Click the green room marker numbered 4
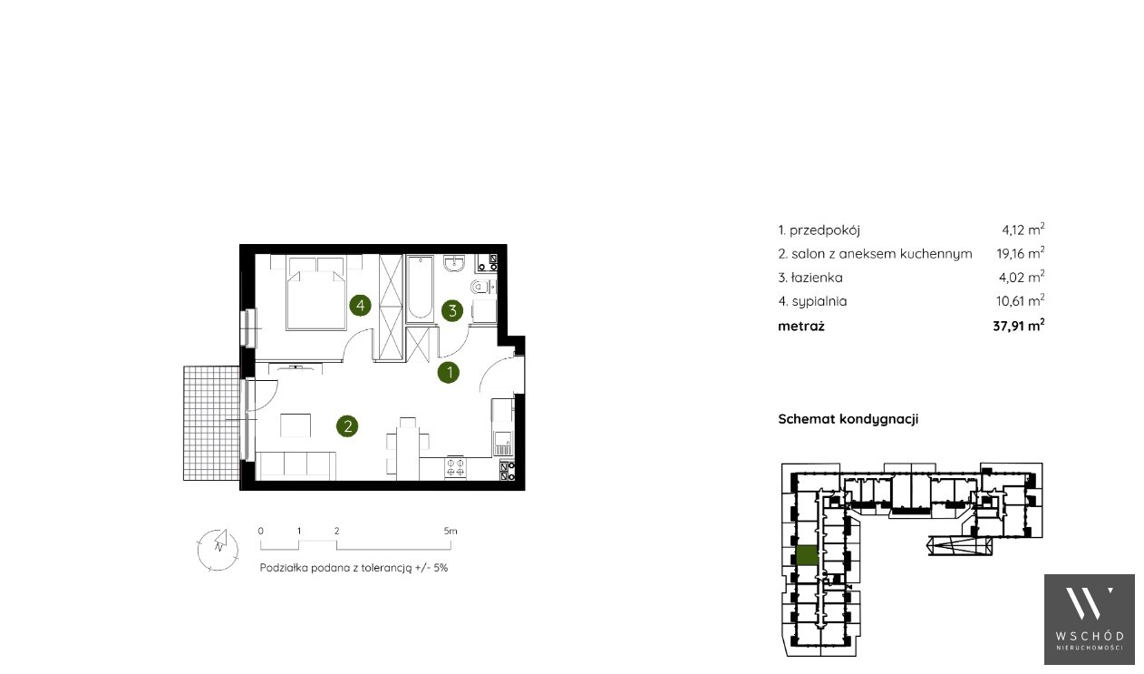click(x=360, y=306)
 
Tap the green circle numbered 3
click(x=452, y=310)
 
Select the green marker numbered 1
click(x=449, y=373)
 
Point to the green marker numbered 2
click(x=347, y=426)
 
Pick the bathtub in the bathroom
click(x=420, y=288)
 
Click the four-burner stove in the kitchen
click(x=455, y=467)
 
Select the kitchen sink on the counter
click(x=502, y=443)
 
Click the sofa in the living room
click(x=296, y=466)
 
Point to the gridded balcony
click(x=211, y=423)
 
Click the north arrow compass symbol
click(x=218, y=550)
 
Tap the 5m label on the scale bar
click(x=451, y=531)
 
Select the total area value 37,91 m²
click(x=1018, y=326)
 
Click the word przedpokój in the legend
click(x=825, y=230)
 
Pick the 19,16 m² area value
click(x=1021, y=253)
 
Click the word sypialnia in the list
click(x=819, y=301)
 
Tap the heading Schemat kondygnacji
click(x=848, y=419)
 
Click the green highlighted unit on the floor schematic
click(x=807, y=555)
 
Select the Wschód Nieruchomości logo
click(x=1090, y=620)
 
